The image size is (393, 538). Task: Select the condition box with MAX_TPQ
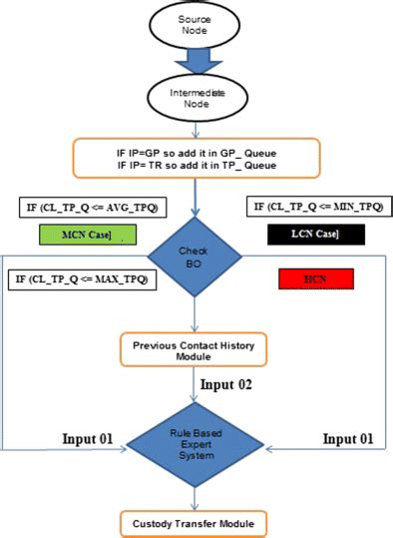click(x=81, y=278)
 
